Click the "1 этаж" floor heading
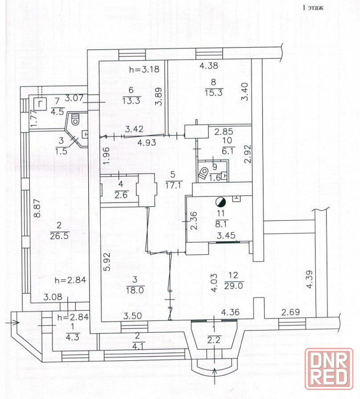(x=313, y=8)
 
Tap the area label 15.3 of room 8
(x=214, y=93)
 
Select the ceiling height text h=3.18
(x=144, y=69)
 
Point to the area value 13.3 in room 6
(x=131, y=101)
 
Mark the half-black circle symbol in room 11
(x=221, y=202)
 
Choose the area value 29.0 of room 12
(x=234, y=285)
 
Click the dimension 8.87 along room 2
(x=38, y=208)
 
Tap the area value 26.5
(x=60, y=236)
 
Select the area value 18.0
(x=135, y=291)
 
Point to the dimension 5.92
(x=107, y=261)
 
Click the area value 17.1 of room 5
(x=173, y=185)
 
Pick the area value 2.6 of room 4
(x=121, y=195)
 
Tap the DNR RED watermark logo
(x=329, y=369)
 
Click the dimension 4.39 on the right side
(x=309, y=279)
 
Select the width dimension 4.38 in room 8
(x=209, y=66)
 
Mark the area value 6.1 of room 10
(x=228, y=151)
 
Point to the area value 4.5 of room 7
(x=58, y=112)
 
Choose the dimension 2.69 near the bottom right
(x=291, y=312)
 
